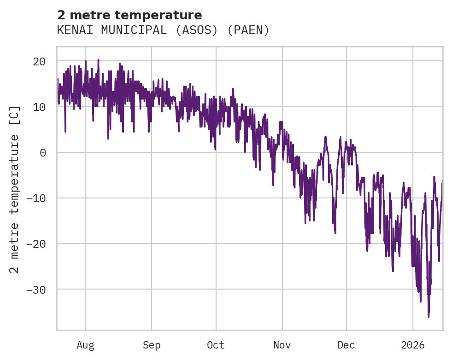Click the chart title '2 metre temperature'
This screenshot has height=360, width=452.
[129, 15]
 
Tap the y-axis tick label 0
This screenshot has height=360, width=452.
[43, 152]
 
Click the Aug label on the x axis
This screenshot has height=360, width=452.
[85, 345]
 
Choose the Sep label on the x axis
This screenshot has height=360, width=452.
[152, 345]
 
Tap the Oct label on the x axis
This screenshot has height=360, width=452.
[216, 345]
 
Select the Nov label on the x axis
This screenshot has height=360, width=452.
[282, 345]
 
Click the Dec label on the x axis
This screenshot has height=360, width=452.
[346, 345]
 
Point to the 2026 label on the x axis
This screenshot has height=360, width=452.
[413, 345]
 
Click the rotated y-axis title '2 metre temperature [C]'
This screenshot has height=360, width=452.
[15, 189]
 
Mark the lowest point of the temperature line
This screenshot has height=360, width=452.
[429, 317]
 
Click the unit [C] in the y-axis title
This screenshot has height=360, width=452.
[15, 114]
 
